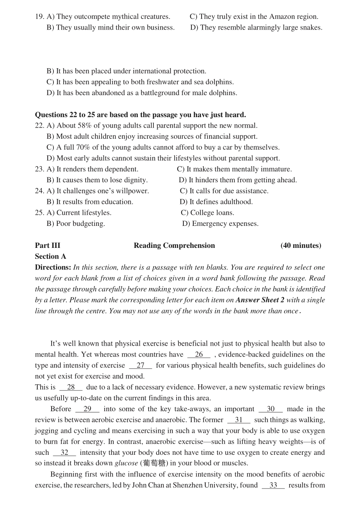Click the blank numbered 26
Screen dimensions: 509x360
coord(199,355)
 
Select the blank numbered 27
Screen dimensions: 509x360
coord(141,366)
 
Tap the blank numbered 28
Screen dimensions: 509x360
coord(71,387)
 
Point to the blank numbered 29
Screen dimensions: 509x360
coord(88,409)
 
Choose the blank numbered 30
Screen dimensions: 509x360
coord(271,409)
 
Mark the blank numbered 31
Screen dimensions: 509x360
coord(239,420)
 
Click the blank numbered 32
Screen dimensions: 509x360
coord(64,453)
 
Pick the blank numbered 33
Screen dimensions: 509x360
coord(273,486)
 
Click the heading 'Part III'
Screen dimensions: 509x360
coord(47,246)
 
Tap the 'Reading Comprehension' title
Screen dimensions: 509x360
coord(174,246)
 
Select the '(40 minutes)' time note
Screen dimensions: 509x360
coord(301,246)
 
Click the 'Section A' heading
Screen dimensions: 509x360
coord(50,257)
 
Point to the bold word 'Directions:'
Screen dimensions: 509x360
coord(53,268)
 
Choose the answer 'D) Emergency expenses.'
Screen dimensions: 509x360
coord(220,224)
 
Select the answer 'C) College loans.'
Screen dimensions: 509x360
coord(207,213)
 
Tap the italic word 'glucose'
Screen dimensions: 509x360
coord(127,464)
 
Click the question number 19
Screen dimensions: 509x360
coord(39,17)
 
